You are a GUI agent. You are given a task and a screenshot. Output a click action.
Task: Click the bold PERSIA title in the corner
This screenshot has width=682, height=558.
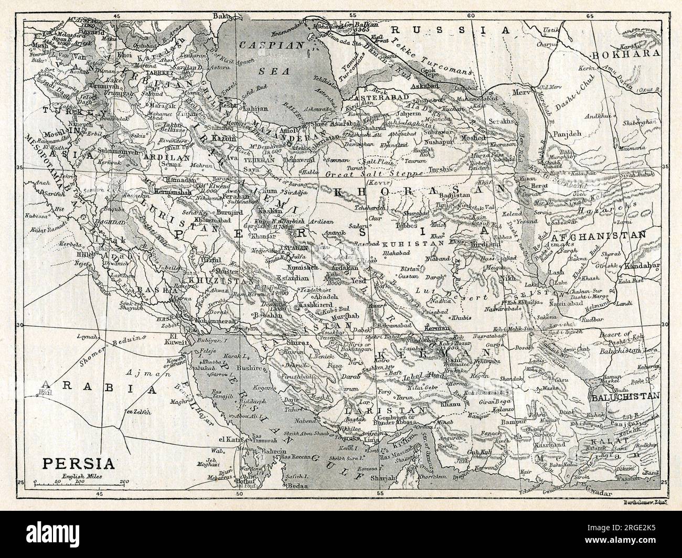tap(78, 464)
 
